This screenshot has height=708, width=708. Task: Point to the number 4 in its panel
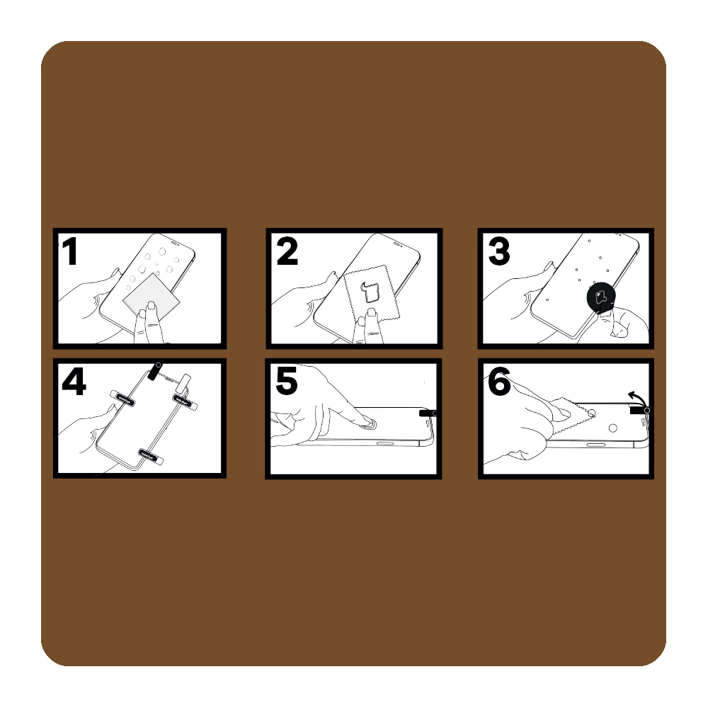click(74, 382)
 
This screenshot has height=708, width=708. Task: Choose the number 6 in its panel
click(499, 382)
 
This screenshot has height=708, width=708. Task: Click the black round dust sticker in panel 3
click(601, 297)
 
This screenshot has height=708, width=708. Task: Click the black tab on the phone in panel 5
click(428, 413)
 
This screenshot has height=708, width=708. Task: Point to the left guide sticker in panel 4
click(122, 399)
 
